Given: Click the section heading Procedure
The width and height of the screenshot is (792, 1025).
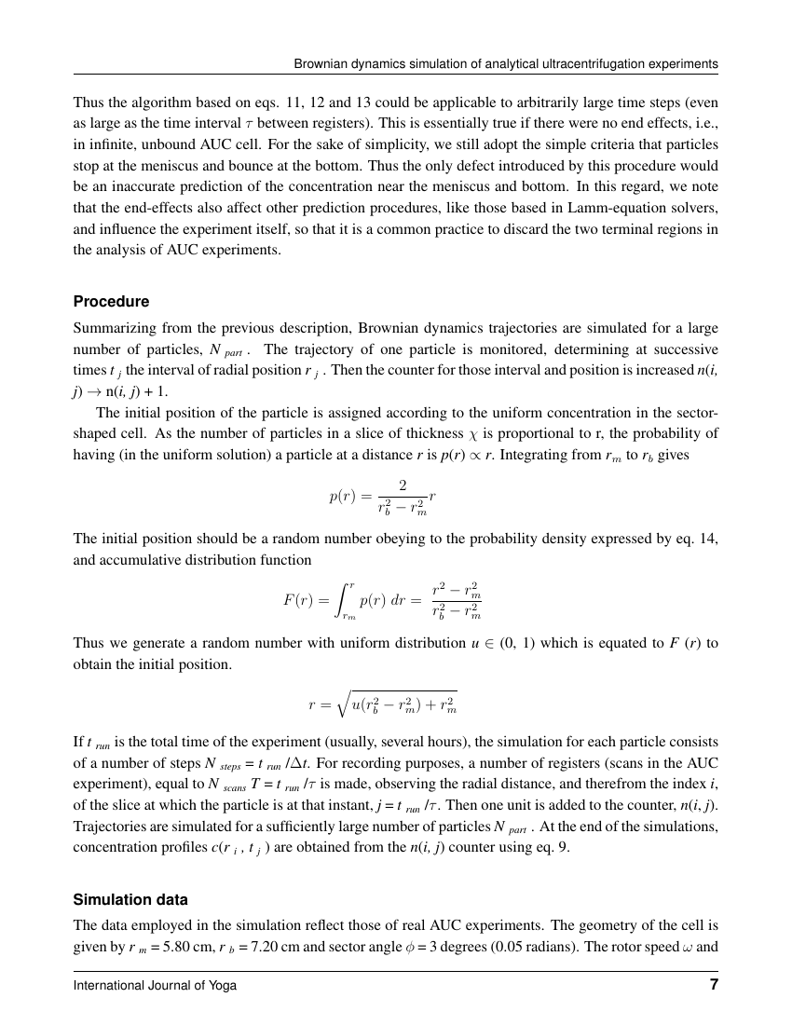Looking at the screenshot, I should tap(111, 302).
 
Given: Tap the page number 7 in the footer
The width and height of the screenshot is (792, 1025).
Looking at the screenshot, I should tap(712, 984).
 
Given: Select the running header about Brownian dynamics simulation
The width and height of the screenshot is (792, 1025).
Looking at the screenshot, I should tap(506, 64).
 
